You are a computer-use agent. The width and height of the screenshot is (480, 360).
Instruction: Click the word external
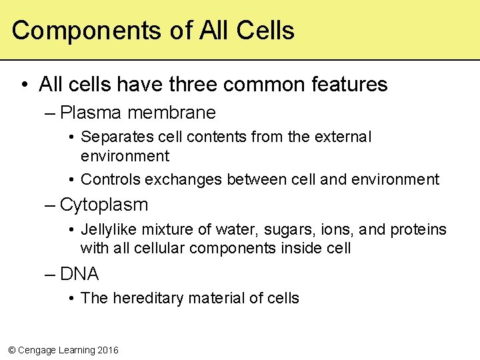(343, 137)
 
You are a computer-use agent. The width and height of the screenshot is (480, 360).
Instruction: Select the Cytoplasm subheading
(103, 205)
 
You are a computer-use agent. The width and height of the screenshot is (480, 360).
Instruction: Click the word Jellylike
(107, 230)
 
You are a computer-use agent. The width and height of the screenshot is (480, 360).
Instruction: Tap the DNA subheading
(79, 274)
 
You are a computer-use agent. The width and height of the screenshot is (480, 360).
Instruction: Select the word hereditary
(145, 298)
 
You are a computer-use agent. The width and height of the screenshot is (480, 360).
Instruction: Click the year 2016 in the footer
(107, 350)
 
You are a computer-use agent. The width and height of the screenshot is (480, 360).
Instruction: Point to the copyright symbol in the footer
(10, 350)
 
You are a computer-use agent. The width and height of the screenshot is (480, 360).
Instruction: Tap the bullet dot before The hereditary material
(71, 298)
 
